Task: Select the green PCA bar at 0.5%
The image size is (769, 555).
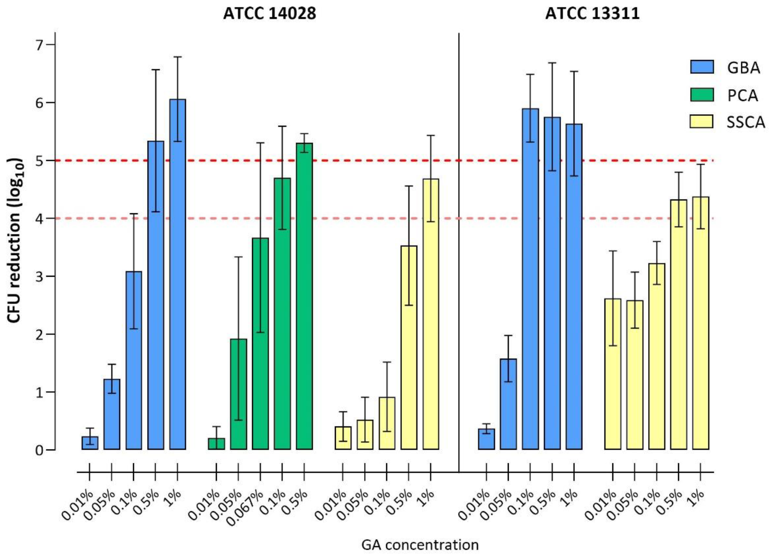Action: (x=304, y=296)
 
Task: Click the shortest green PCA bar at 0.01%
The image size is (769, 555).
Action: (x=216, y=444)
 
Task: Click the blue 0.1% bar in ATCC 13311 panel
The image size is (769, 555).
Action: (x=530, y=279)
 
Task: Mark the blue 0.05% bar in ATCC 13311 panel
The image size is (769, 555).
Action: (x=508, y=404)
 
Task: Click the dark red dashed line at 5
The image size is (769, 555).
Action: (x=384, y=160)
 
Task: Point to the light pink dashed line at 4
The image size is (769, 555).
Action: (x=384, y=218)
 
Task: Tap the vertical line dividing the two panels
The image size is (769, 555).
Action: (x=459, y=252)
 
